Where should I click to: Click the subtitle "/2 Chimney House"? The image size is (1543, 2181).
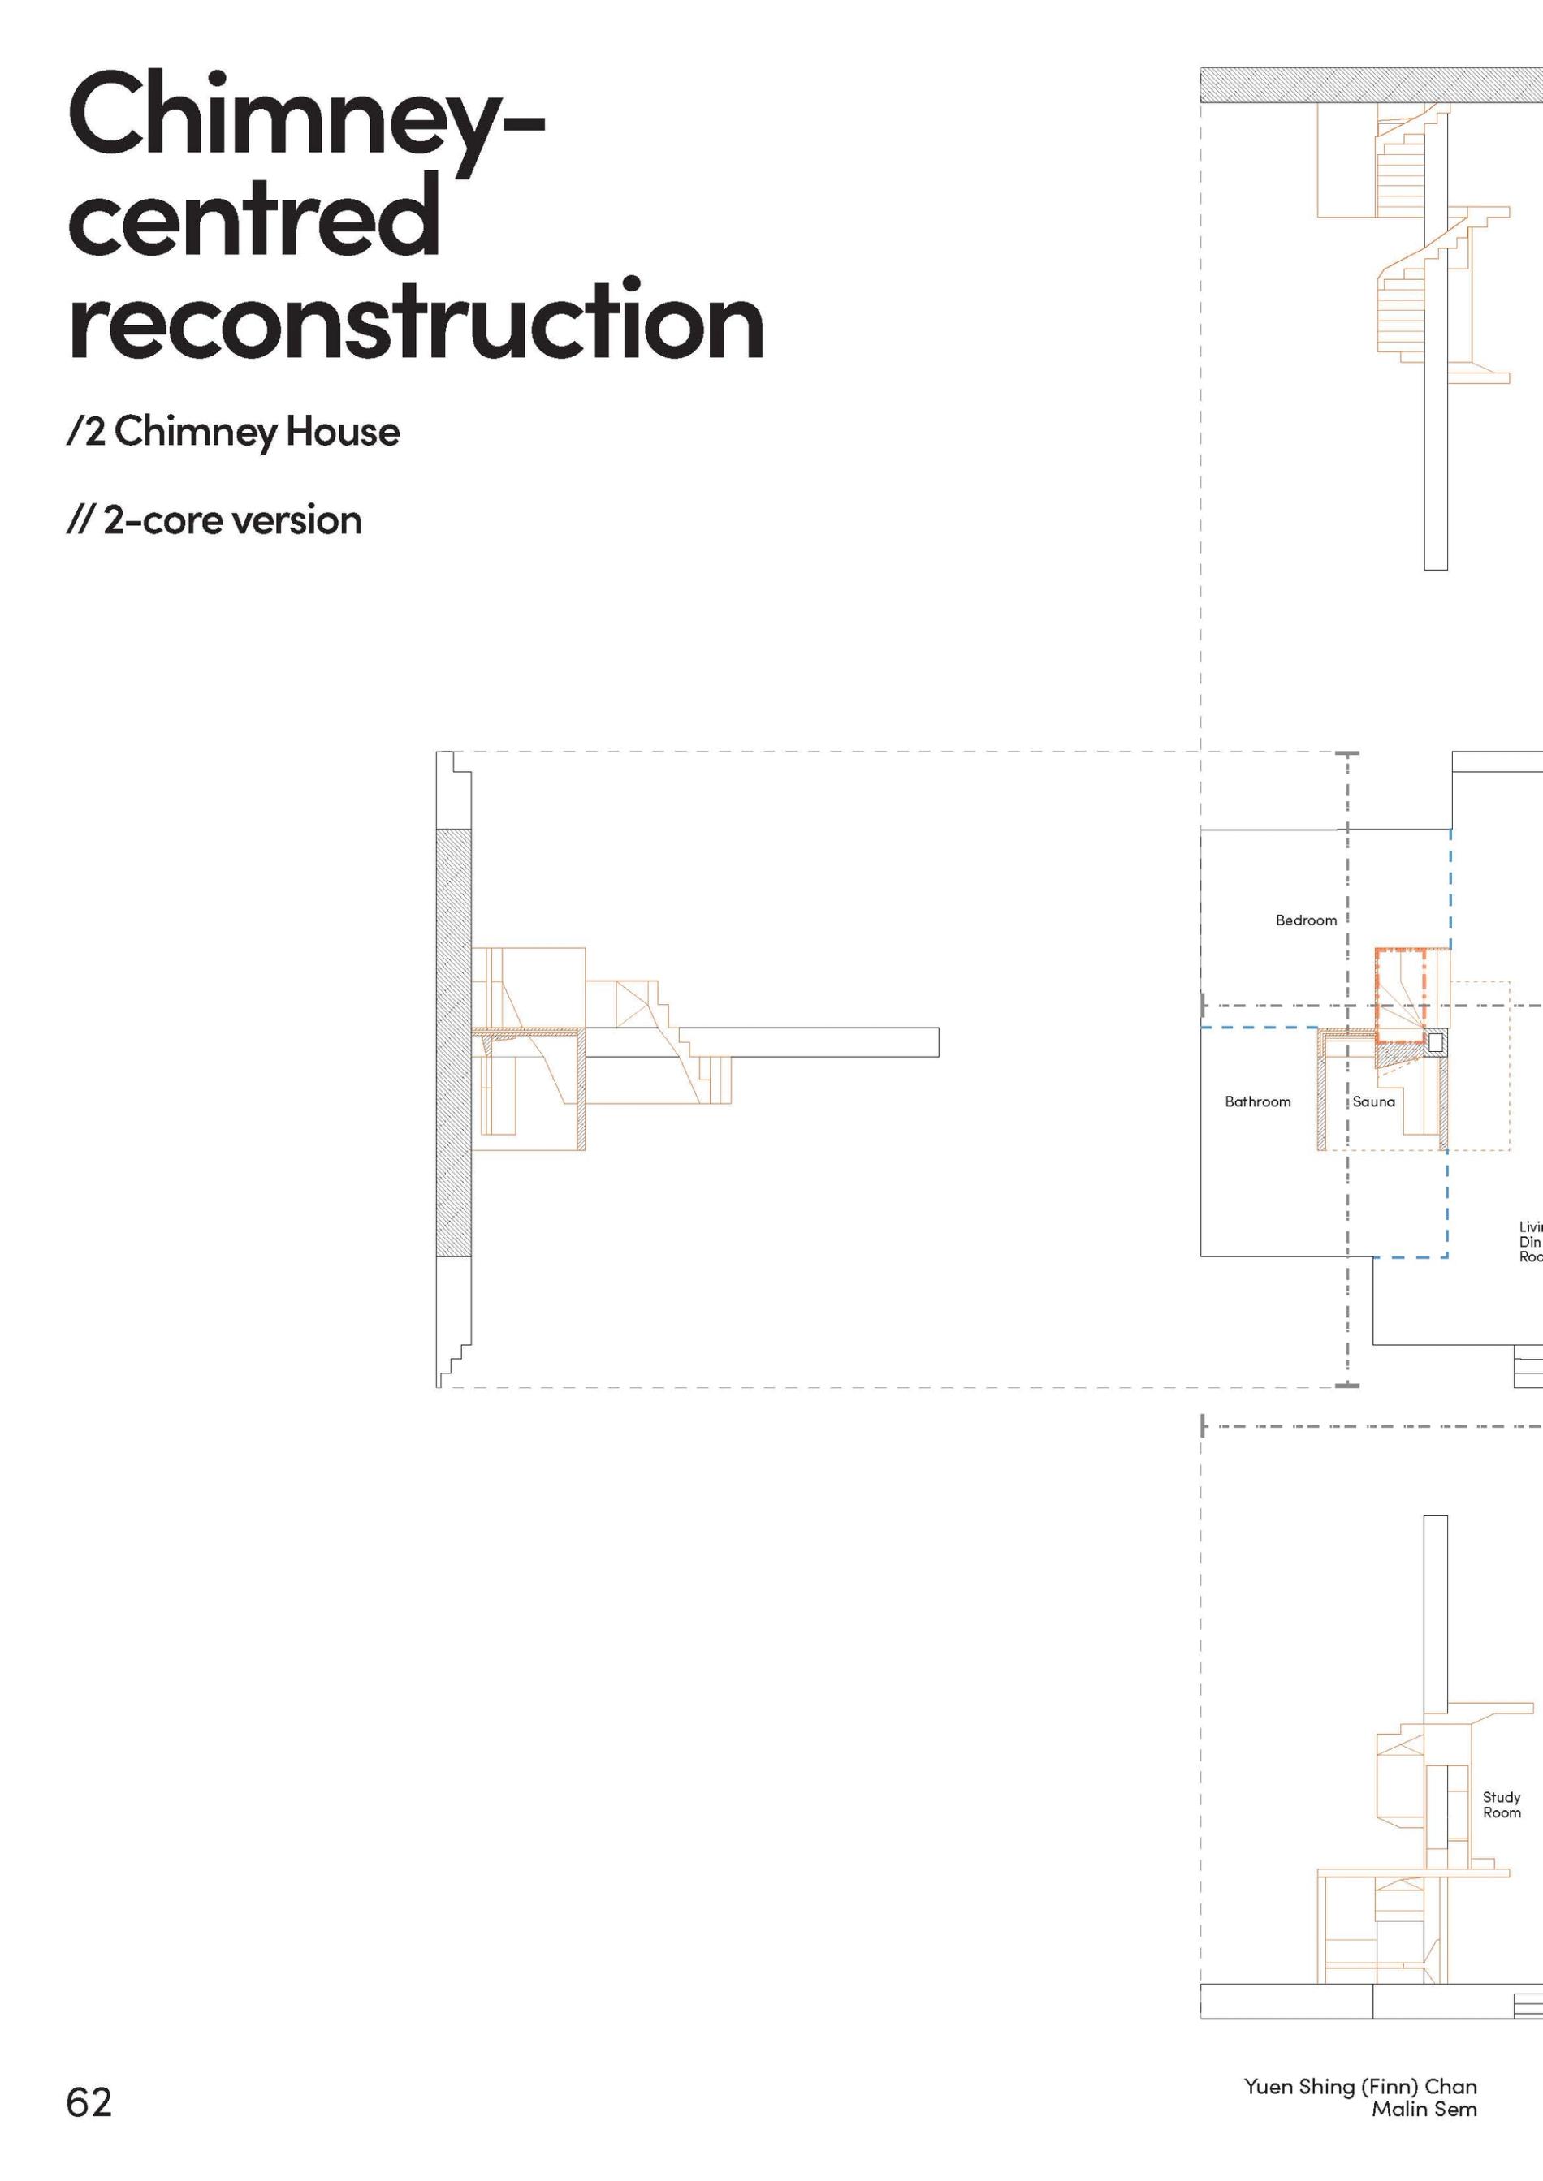coord(234,432)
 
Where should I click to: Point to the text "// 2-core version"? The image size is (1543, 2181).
coord(214,520)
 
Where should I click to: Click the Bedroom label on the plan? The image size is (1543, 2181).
coord(1306,920)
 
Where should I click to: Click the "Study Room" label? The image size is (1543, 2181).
coord(1502,1805)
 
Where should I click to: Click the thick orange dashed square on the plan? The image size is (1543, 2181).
coord(1399,994)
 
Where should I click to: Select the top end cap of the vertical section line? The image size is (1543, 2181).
coord(1347,754)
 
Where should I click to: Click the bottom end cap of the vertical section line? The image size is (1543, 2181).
coord(1347,1385)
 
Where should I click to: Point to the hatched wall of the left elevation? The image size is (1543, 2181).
coord(453,1043)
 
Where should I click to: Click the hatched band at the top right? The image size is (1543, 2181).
coord(1368,85)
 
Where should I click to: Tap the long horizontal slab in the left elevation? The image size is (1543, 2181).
coord(807,1042)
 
